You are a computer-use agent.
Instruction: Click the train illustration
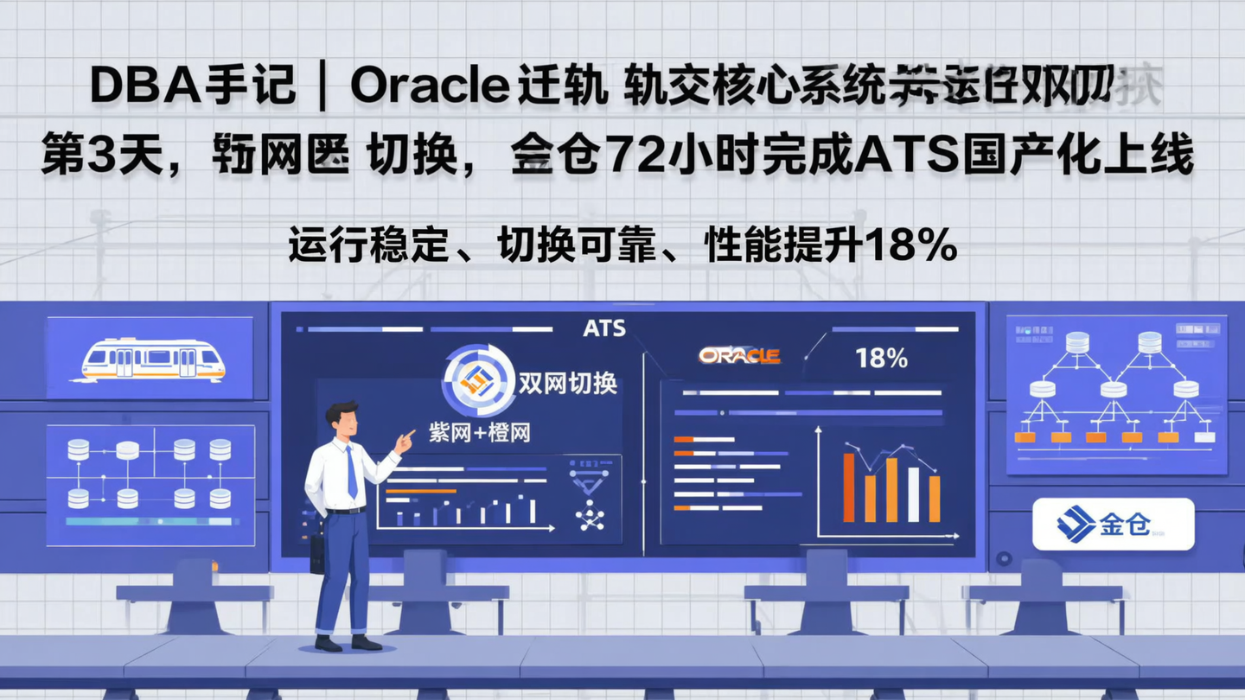pos(153,359)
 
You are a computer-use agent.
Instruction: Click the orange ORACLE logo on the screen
pos(739,355)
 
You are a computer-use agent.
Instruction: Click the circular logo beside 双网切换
pos(473,379)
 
